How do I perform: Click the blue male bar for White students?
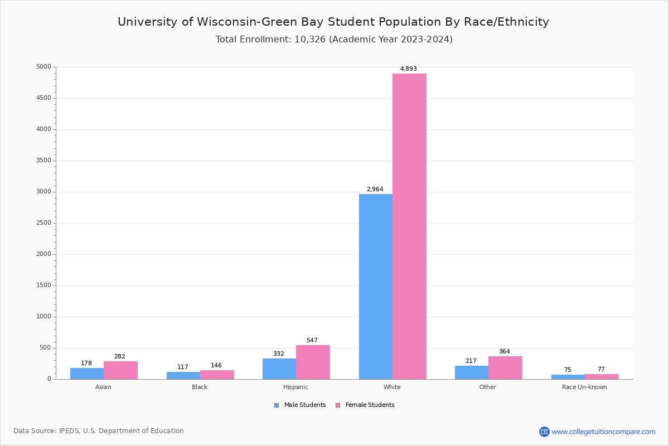coord(376,287)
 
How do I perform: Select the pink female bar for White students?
coord(409,226)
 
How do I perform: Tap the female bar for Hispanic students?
coord(313,362)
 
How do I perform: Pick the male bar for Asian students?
coord(87,374)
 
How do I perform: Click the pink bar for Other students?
coord(505,368)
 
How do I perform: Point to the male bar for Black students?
coord(183,376)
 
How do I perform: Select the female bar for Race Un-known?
coord(602,377)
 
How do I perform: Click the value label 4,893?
coord(409,69)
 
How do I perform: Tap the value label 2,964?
coord(375,190)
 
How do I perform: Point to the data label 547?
coord(312,341)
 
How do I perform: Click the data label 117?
coord(183,367)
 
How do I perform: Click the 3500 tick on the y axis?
coord(43,161)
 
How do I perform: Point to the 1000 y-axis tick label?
coord(43,317)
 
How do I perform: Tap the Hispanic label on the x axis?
coord(295,387)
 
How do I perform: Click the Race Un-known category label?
coord(584,387)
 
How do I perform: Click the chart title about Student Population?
coord(333,22)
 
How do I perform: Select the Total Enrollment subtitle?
coord(334,40)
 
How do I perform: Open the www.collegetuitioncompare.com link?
coord(603,432)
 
